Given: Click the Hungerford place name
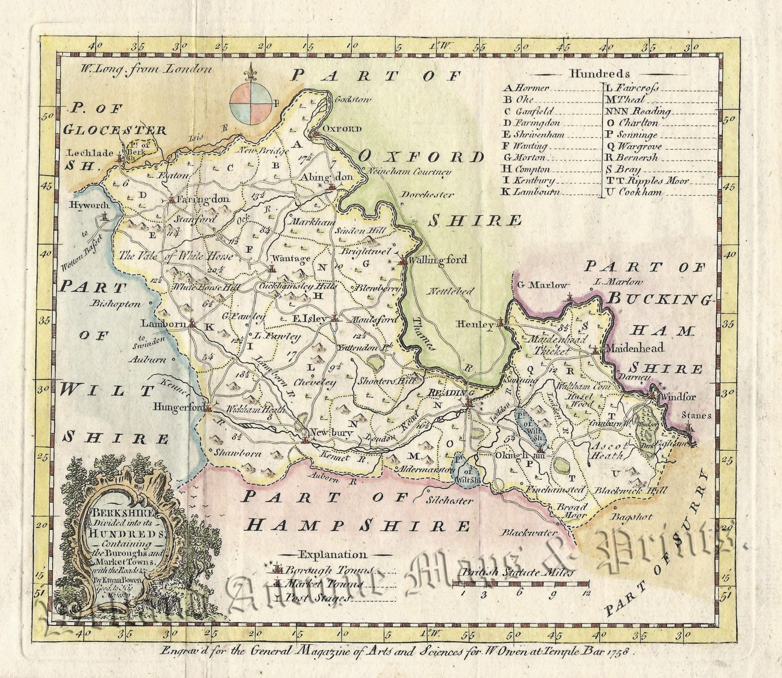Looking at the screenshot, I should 178,408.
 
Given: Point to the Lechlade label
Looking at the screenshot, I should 90,153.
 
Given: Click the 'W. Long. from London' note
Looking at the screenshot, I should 145,70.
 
